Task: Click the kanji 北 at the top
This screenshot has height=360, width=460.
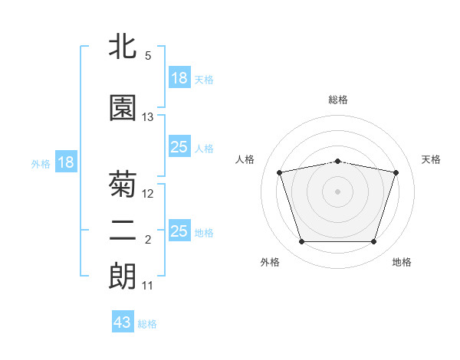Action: pos(123,46)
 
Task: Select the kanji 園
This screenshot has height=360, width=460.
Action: pos(123,107)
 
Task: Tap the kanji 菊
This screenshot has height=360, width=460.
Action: pos(123,184)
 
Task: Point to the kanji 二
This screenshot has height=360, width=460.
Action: pos(123,231)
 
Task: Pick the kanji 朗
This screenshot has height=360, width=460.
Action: pos(123,276)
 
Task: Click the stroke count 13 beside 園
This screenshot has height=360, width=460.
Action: pos(147,117)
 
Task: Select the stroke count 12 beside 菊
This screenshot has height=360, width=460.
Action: pos(147,194)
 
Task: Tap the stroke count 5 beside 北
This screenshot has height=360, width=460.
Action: pos(148,56)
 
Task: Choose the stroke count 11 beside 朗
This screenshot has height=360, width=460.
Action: pos(147,286)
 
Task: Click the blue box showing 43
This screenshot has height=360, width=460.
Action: pos(123,321)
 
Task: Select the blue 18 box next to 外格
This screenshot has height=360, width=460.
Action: pos(66,162)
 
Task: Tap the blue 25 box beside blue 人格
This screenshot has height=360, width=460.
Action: pos(179,146)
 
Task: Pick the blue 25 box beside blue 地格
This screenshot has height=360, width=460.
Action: pos(179,230)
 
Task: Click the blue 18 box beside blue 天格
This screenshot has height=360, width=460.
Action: pos(179,77)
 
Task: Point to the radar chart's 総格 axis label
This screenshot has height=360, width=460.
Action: pos(338,100)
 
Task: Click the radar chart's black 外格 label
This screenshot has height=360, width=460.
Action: pos(270,262)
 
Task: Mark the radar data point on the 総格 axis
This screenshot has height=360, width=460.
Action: pos(338,162)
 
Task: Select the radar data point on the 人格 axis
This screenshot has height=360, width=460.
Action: pos(280,172)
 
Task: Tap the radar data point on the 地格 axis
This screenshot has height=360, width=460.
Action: pos(374,242)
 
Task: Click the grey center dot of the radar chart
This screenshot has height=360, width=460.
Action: pos(337,191)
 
